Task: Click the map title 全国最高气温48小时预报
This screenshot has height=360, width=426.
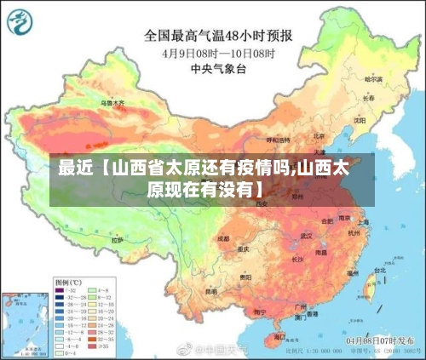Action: click(219, 36)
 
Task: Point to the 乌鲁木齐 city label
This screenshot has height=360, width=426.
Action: click(112, 103)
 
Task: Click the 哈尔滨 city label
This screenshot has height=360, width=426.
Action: click(374, 78)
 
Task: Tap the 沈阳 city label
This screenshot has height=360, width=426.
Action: click(359, 120)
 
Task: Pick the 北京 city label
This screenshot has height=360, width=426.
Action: click(317, 135)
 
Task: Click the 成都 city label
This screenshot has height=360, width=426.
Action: click(223, 239)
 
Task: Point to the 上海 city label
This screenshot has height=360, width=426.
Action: click(364, 223)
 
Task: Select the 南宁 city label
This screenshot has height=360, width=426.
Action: click(256, 304)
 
